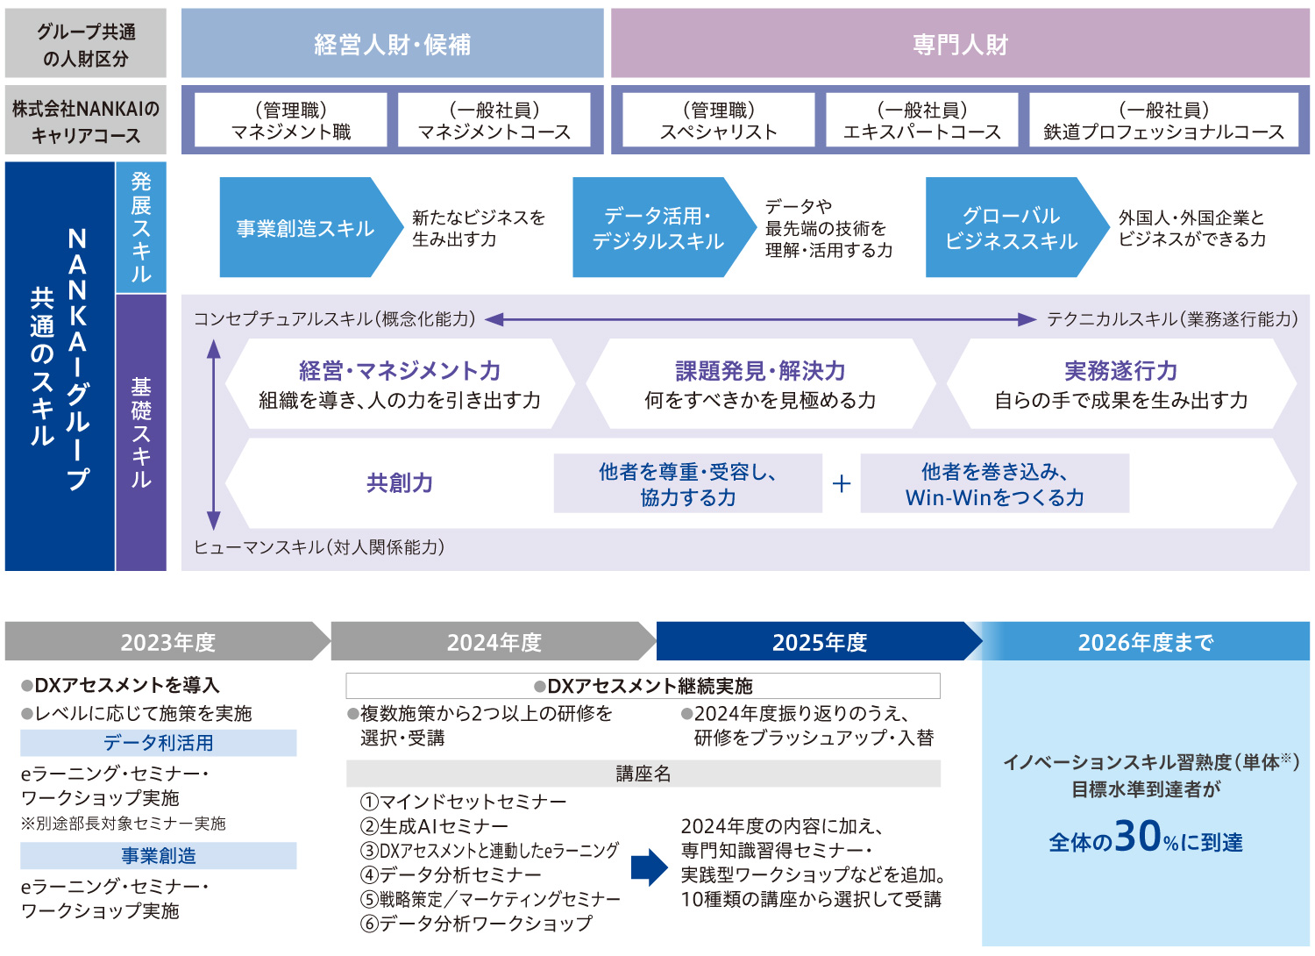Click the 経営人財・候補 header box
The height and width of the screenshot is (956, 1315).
392,44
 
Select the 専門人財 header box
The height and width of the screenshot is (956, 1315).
960,44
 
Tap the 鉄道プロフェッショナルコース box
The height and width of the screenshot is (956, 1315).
1163,120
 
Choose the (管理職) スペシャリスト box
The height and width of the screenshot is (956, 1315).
719,120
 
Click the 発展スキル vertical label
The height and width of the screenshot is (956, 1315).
141,227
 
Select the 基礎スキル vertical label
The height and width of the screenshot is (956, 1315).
141,432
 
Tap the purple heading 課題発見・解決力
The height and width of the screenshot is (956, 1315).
760,371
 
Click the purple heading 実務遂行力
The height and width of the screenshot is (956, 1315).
1120,371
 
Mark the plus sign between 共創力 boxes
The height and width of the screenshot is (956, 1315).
842,483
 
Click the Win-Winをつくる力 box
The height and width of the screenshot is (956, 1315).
994,484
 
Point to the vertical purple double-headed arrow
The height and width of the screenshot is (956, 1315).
213,434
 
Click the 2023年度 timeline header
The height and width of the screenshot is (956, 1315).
167,642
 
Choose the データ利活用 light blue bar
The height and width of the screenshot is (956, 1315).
158,743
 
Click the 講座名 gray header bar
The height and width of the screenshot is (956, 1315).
643,774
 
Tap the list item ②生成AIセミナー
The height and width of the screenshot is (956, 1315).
435,826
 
